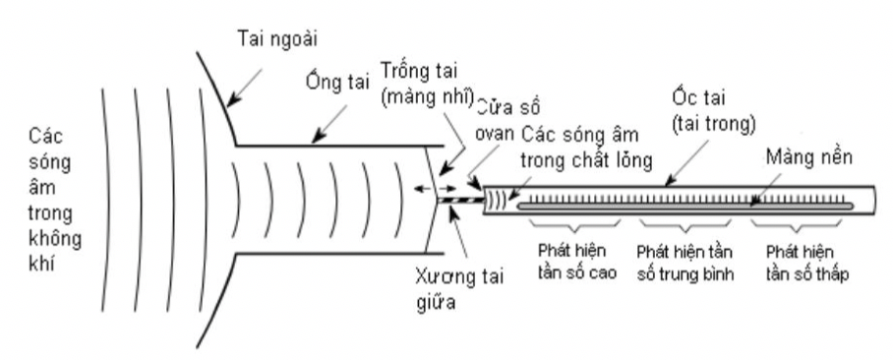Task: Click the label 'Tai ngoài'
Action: coord(276,39)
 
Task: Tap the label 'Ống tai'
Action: coord(337,82)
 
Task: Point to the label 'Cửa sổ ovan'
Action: coord(507,119)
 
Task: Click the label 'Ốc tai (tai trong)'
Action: coord(713,110)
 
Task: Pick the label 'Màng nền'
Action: coord(808,156)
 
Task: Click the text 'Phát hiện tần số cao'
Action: coord(576,262)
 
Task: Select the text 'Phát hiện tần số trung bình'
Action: coord(685,263)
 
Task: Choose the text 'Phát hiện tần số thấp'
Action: coord(807,263)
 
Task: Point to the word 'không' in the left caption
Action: coord(55,239)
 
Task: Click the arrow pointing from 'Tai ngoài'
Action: coord(244,89)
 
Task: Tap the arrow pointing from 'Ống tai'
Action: coord(329,124)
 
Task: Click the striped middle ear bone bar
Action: coord(460,200)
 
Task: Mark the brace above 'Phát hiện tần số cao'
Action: coord(575,225)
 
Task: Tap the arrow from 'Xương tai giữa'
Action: coord(459,233)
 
